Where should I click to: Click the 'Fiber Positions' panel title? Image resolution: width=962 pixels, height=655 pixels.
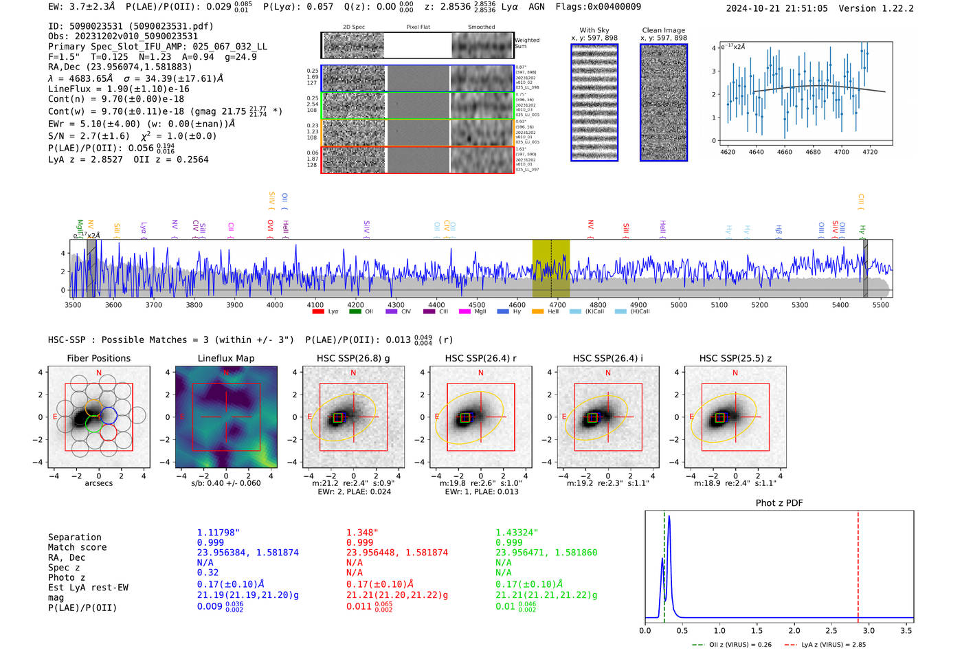click(98, 358)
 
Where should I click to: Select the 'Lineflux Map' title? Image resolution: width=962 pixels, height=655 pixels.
click(225, 358)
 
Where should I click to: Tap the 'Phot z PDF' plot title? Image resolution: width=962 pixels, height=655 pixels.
click(779, 503)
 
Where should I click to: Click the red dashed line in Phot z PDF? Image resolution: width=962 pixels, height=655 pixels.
click(858, 564)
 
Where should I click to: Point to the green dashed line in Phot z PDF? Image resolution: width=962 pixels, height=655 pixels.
click(664, 564)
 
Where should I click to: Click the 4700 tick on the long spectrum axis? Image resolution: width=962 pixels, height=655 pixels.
click(557, 304)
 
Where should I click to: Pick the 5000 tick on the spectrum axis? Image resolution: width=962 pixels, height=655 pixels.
click(678, 304)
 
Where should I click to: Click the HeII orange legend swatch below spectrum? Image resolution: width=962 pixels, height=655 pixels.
click(537, 312)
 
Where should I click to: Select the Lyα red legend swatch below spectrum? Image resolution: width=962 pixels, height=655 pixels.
click(318, 312)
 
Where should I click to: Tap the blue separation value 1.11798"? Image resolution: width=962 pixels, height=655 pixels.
click(218, 533)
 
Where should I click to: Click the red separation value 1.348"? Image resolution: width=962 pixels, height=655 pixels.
click(362, 533)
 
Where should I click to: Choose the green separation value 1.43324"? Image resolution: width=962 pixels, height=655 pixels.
click(517, 533)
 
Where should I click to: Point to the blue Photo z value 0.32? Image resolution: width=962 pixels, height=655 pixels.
click(208, 573)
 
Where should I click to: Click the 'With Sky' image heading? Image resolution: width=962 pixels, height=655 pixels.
click(594, 30)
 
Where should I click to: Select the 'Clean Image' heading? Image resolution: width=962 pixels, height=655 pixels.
click(663, 30)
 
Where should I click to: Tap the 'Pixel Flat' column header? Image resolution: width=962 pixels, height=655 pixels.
click(418, 27)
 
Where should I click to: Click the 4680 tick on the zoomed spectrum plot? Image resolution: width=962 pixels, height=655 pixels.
click(813, 152)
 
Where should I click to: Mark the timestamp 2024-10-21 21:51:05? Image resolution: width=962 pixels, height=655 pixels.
click(776, 8)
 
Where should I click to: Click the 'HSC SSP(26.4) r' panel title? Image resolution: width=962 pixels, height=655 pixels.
click(480, 358)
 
